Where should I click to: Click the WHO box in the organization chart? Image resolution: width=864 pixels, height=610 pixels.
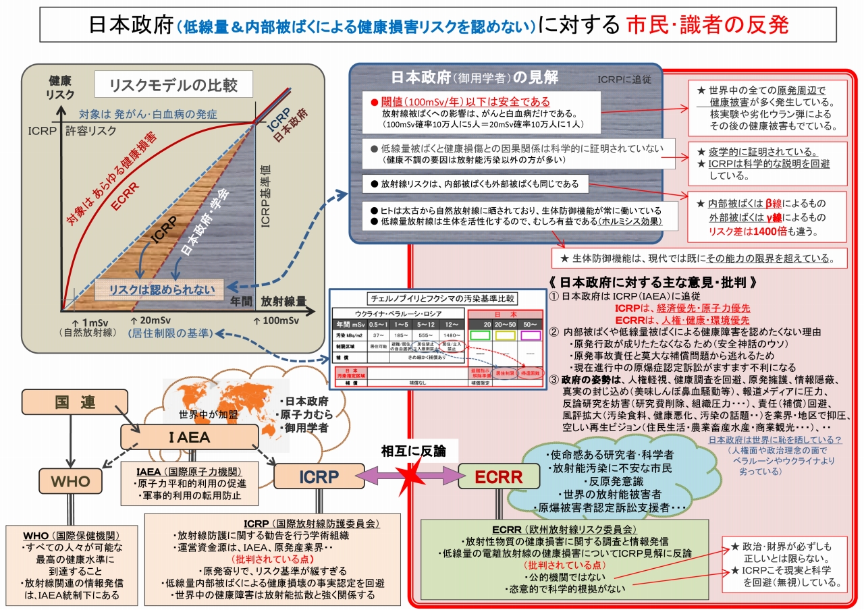(70, 481)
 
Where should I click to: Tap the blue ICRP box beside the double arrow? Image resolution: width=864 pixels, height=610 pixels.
(319, 476)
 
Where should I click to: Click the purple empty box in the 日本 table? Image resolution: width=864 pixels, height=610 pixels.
(531, 334)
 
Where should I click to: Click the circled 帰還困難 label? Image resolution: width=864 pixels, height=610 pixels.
(529, 372)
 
